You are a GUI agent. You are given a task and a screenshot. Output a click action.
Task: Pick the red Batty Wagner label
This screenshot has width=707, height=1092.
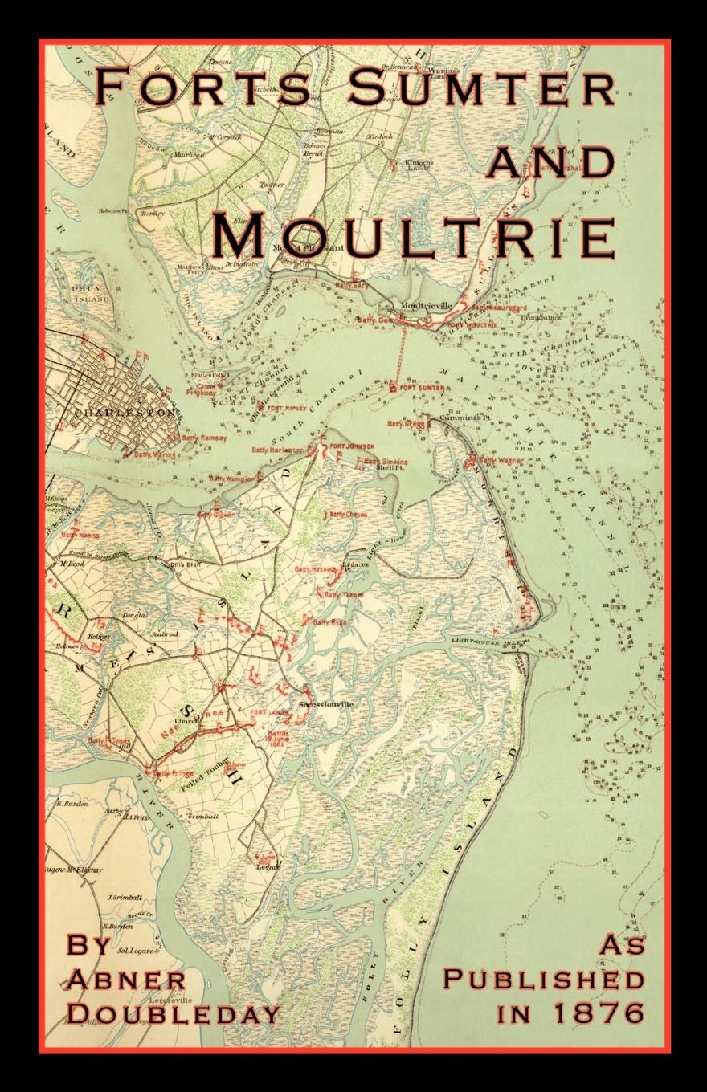pyautogui.click(x=501, y=461)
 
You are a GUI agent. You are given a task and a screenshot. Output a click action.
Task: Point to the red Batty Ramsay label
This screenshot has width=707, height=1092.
pyautogui.click(x=204, y=438)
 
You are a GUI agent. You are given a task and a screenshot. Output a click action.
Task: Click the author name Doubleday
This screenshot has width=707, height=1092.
pyautogui.click(x=173, y=1013)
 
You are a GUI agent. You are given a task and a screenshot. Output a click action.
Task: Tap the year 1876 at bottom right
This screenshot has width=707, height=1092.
pyautogui.click(x=597, y=1013)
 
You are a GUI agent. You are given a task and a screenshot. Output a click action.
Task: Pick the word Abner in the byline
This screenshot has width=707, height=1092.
pyautogui.click(x=126, y=980)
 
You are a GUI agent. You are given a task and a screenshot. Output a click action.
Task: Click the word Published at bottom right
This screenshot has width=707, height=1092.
pyautogui.click(x=543, y=980)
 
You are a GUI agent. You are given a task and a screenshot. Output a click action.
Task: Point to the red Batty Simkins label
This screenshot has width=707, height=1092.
pyautogui.click(x=386, y=462)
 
